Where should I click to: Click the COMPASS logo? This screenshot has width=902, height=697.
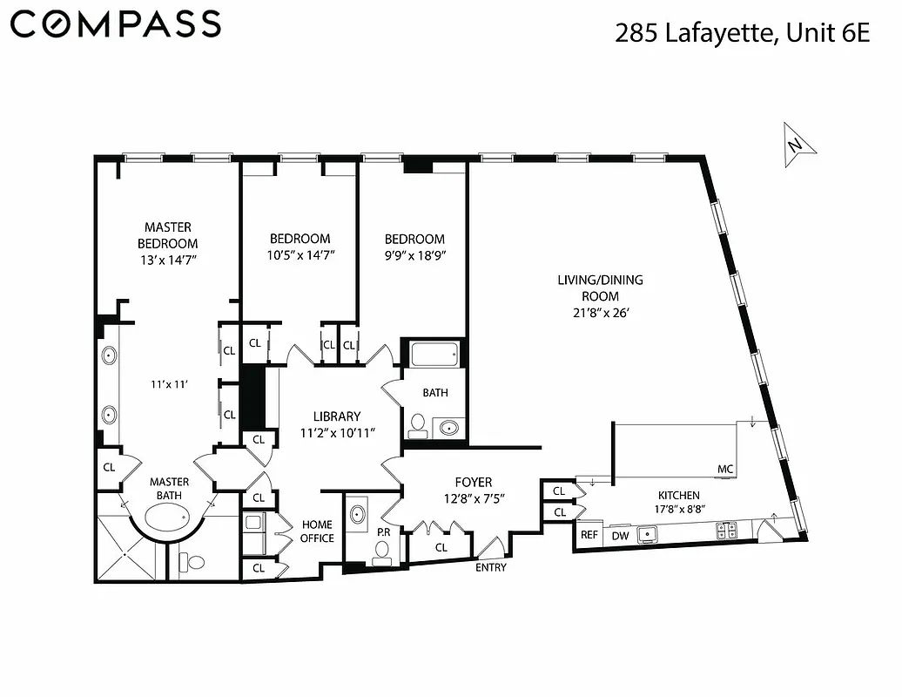point(116,24)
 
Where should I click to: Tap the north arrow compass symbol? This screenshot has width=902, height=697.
point(798,143)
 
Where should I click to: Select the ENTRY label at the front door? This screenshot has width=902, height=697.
point(491,568)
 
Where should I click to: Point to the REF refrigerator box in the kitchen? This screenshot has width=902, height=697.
point(589,535)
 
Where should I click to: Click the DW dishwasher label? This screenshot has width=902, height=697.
point(621,535)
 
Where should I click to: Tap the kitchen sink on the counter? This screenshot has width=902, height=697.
point(647,532)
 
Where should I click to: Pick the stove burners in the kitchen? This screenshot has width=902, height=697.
point(726,530)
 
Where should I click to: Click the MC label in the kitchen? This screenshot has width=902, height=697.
point(724,470)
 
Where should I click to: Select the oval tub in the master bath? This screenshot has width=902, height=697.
point(169,521)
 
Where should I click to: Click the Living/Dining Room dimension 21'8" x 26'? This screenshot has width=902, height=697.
point(601,312)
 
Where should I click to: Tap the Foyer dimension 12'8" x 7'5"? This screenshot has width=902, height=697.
point(474,498)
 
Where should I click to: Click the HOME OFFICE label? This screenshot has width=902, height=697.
point(317,531)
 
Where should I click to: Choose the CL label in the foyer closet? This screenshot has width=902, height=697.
point(441,547)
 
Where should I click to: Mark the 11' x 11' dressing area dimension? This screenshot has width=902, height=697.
point(169,383)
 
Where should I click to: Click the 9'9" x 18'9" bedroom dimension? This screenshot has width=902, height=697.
point(414,254)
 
